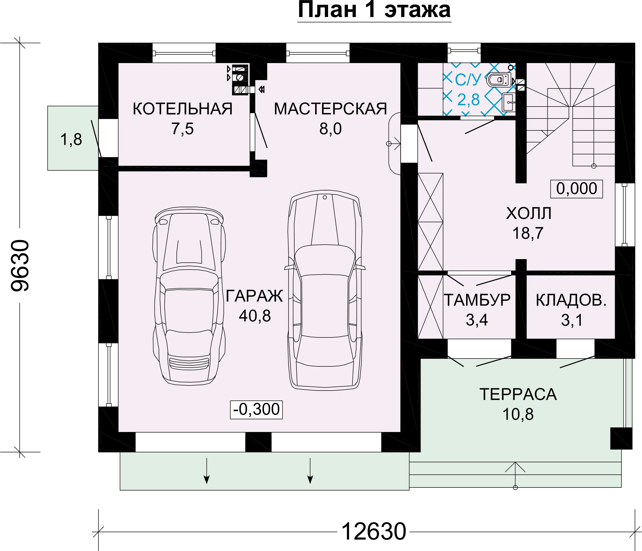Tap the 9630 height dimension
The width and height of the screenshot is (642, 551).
[x=20, y=265]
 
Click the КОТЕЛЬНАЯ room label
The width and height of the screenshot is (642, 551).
[x=182, y=109]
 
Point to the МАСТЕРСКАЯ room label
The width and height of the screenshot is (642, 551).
[x=331, y=109]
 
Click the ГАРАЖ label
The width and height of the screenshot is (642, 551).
[x=254, y=296]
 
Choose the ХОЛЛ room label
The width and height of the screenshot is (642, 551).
[x=529, y=213]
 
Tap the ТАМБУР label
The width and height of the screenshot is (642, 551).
[x=477, y=300]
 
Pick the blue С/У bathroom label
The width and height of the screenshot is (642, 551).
[x=468, y=80]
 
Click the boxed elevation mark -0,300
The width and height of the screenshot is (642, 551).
[x=256, y=410]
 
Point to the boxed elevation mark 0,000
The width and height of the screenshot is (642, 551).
[x=577, y=189]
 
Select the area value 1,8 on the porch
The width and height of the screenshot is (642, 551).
[x=71, y=139]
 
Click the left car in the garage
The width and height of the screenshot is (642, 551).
[x=189, y=296]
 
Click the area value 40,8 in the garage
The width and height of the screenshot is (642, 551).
[x=255, y=316]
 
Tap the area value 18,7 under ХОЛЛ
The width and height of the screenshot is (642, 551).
[x=528, y=233]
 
